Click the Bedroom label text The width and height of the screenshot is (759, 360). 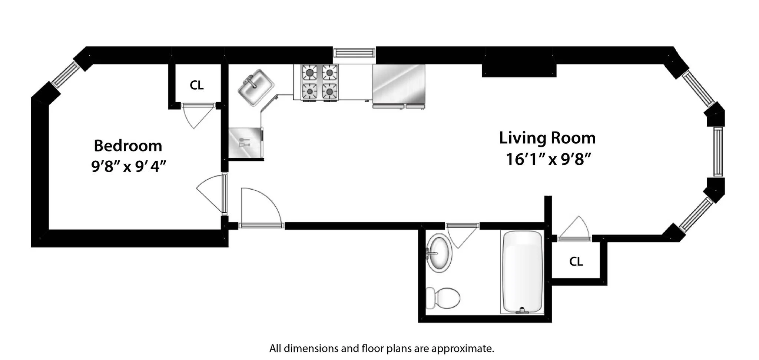pos(128,146)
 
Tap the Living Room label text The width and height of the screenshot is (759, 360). pos(547,138)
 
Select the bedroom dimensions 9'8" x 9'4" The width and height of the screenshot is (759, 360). pos(128,166)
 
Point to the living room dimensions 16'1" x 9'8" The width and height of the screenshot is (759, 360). pos(548,160)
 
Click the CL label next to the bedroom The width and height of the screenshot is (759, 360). pos(196,85)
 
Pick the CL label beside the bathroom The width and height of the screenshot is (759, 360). pos(576,261)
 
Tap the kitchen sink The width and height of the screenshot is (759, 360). pos(255,87)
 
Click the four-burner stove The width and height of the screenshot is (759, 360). pos(320,82)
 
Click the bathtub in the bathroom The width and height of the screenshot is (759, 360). pos(522,272)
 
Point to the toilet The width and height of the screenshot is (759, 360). pos(443,298)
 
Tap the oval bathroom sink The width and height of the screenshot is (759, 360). pos(440,253)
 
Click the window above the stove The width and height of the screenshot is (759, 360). pos(354,53)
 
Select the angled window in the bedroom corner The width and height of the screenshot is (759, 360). pos(65,74)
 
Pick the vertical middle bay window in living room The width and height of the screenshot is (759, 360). pos(718,151)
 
